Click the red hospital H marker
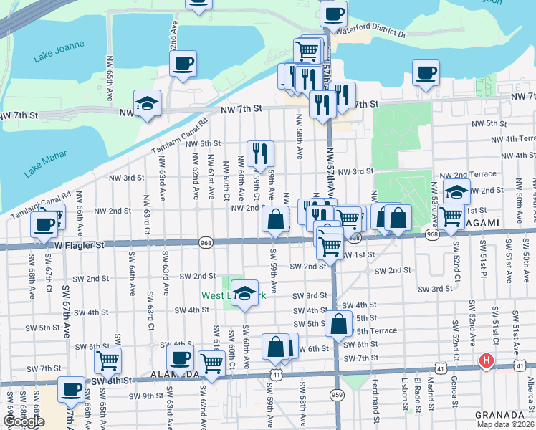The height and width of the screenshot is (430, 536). (x=487, y=360)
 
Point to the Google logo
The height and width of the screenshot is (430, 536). (x=24, y=421)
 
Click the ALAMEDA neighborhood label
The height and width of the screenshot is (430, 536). (x=175, y=375)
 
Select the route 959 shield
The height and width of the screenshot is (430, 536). (x=336, y=395)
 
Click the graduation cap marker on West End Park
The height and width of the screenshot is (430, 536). (x=245, y=292)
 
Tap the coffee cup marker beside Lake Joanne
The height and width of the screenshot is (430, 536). (x=183, y=63)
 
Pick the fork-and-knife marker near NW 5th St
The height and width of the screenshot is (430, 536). (x=260, y=153)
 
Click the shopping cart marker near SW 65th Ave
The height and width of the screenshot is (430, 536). (x=108, y=360)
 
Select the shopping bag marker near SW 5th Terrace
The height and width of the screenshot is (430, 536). (x=338, y=324)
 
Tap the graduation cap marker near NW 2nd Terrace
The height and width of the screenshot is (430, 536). (x=456, y=191)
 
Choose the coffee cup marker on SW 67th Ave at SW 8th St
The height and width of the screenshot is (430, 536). (x=71, y=389)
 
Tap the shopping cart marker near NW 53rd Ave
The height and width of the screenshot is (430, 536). (x=451, y=216)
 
